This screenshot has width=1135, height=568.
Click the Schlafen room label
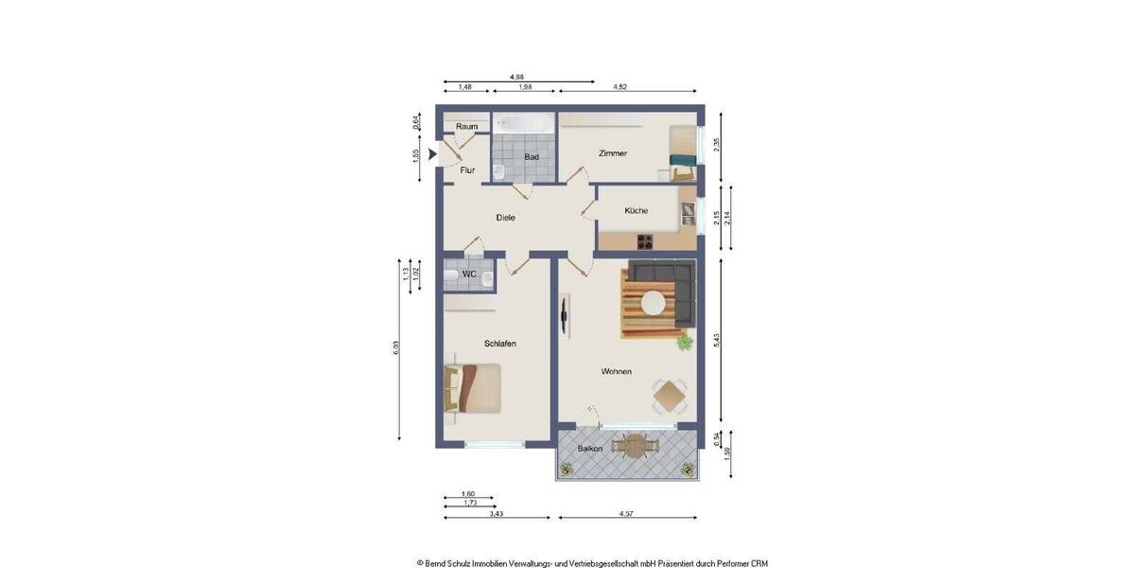click(x=499, y=344)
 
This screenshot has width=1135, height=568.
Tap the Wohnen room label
click(x=616, y=372)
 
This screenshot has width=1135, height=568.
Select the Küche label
click(x=636, y=210)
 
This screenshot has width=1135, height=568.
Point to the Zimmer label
click(x=613, y=153)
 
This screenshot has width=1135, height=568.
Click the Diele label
click(x=505, y=218)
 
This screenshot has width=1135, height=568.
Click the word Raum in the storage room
click(x=466, y=127)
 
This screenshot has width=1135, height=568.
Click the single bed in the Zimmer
click(x=684, y=153)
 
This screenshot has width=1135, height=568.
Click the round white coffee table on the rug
click(x=654, y=304)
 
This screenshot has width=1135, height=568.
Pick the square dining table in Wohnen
click(x=670, y=396)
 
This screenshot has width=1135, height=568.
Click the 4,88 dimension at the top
click(x=517, y=76)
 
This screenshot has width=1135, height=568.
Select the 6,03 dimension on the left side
click(x=395, y=347)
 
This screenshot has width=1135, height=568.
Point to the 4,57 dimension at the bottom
click(x=626, y=513)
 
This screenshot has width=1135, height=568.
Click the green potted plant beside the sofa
click(x=684, y=342)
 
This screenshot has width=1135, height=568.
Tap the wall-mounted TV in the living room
click(x=565, y=316)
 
